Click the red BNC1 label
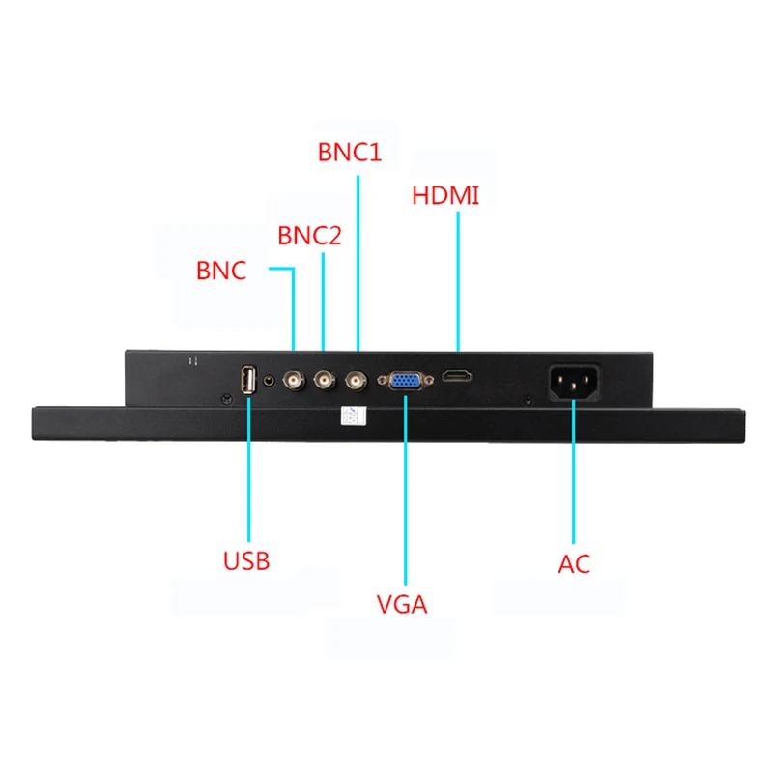coord(350,153)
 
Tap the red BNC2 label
coord(309,236)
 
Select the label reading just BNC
coord(221,271)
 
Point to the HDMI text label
coord(445,195)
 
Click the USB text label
coord(246,560)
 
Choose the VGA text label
coord(402,605)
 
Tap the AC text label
coord(574,564)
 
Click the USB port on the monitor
coord(247,381)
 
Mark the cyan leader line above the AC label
coord(574,473)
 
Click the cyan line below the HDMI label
coord(457,280)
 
